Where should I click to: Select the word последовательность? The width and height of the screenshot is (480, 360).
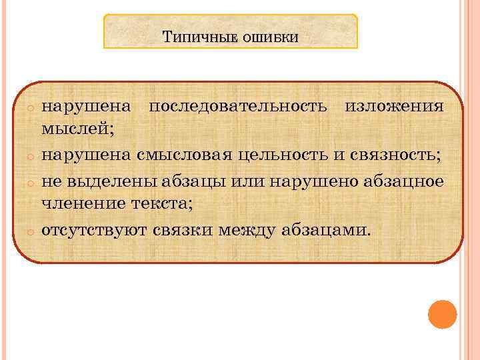(x=237, y=107)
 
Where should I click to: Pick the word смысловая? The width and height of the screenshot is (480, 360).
(x=184, y=155)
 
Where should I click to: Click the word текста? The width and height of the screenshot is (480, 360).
(x=157, y=204)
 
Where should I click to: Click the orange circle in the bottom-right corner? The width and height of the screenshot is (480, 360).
(x=442, y=315)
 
